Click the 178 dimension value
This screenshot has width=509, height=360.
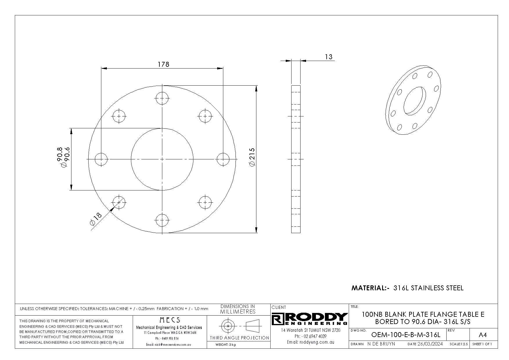(x=163, y=64)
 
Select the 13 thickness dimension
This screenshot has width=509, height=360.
(x=329, y=57)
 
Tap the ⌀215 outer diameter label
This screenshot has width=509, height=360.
(x=252, y=157)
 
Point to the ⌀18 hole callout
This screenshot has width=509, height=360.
(x=96, y=219)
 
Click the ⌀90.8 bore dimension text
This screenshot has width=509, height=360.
(x=60, y=157)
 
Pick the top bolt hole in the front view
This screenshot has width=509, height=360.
(x=162, y=98)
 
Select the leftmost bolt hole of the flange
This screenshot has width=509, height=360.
(x=101, y=159)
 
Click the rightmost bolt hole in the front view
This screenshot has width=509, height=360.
(x=223, y=159)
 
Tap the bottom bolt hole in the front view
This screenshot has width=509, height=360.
(x=162, y=220)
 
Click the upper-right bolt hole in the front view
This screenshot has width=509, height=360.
(x=205, y=116)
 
